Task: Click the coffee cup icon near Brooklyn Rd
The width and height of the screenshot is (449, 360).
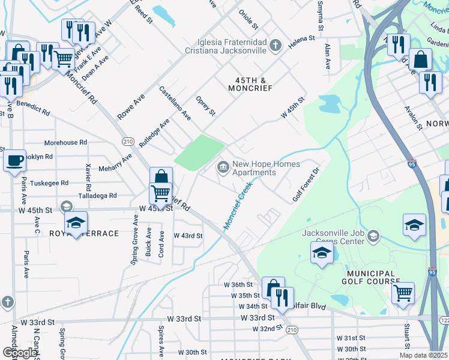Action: tap(14, 161)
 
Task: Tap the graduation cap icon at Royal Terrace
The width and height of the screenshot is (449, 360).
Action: tap(76, 223)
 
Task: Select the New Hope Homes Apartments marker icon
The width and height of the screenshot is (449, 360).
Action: tap(223, 166)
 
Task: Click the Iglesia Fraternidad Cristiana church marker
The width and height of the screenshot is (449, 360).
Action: tap(275, 46)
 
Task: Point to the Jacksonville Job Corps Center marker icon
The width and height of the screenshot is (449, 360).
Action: tap(374, 235)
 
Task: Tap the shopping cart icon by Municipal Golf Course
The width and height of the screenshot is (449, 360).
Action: tap(403, 293)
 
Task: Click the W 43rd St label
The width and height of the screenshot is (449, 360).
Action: tap(188, 236)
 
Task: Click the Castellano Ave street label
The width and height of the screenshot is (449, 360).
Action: tap(175, 103)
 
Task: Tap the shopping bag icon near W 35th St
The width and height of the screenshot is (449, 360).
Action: tap(273, 287)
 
